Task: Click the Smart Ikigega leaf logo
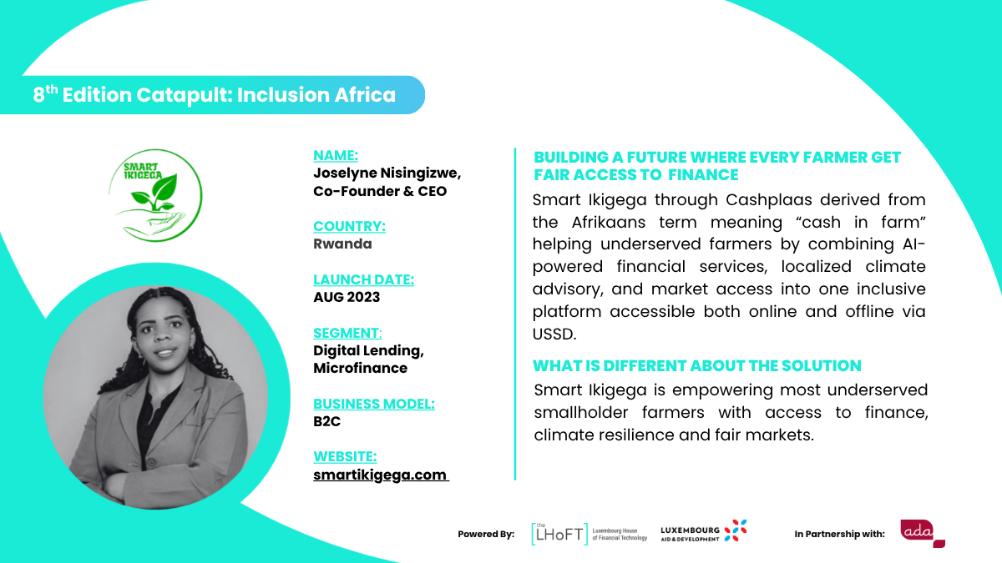pos(155,195)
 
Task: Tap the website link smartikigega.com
pos(380,475)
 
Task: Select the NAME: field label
pos(336,155)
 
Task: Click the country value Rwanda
pos(342,244)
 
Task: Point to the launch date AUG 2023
pos(347,297)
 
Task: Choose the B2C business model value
pos(326,421)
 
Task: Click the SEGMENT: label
pos(347,333)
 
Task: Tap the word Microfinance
pos(360,368)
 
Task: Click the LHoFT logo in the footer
pos(590,534)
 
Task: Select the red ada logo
pos(923,533)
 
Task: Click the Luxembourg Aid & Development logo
pos(704,531)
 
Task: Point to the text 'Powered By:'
pos(486,534)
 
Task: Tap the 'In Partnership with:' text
pos(839,534)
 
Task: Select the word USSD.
pos(554,334)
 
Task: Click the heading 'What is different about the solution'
pos(696,365)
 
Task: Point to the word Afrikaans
pos(609,222)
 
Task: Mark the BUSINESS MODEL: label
pos(373,404)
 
